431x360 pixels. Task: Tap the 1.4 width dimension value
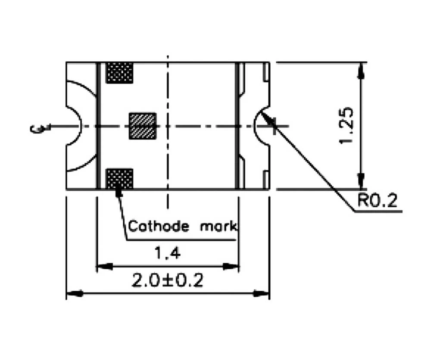(167, 254)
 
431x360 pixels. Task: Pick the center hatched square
(143, 126)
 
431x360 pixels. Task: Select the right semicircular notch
(262, 126)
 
